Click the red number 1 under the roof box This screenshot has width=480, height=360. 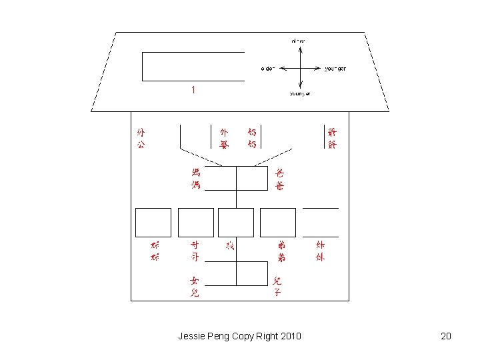[x=193, y=89]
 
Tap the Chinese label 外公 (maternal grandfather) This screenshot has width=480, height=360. [x=140, y=138]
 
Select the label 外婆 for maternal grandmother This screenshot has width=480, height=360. [x=225, y=138]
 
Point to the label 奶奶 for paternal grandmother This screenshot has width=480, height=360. [x=252, y=138]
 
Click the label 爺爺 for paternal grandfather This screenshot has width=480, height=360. [x=332, y=138]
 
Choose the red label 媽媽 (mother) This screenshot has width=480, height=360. [x=195, y=179]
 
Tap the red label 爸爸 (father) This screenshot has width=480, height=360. [x=279, y=179]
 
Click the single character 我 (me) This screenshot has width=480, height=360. [x=230, y=246]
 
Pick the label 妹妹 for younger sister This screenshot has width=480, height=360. [x=320, y=251]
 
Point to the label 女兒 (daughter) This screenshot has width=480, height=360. [x=194, y=287]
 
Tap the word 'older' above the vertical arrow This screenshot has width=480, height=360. [x=298, y=41]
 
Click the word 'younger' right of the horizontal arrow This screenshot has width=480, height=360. [x=335, y=69]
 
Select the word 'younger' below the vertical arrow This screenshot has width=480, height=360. [x=300, y=94]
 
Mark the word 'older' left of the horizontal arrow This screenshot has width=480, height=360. [x=267, y=69]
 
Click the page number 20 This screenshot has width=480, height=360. [x=446, y=336]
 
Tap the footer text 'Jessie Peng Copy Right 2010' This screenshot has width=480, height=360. [x=239, y=336]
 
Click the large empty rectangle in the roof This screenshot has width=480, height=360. [x=193, y=66]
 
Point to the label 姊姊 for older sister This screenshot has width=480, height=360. [x=155, y=251]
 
